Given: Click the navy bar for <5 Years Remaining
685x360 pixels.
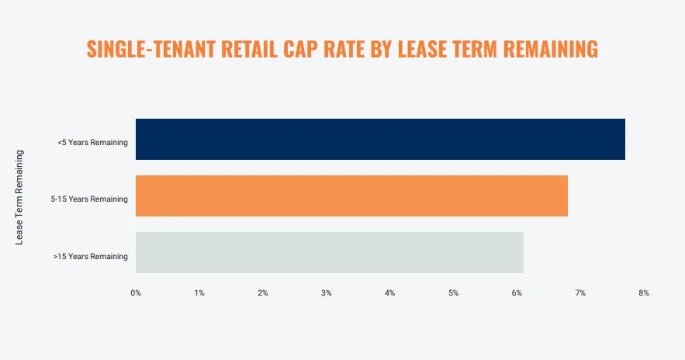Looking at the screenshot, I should pos(380,140).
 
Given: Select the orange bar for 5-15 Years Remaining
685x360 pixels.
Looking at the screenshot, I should pos(351,196).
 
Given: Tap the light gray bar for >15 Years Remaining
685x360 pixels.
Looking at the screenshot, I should pos(330,253).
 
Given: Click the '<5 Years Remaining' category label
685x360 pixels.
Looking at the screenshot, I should pos(92,143).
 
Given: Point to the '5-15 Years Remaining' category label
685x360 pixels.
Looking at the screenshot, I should pos(89,199).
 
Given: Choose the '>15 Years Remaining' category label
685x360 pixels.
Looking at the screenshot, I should pos(90,256).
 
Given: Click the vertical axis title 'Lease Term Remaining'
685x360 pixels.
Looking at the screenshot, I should pos(20,198).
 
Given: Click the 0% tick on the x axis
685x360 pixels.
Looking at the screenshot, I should pos(136,293).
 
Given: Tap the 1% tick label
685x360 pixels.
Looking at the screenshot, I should pos(199,293).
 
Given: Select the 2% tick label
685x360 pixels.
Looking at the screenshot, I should pos(263,293).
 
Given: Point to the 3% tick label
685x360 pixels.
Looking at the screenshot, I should pos(327,293).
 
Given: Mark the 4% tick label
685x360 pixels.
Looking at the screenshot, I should pos(390,293).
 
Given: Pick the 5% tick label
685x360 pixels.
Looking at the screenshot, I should pos(454,293).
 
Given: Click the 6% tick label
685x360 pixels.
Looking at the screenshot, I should pos(517,293).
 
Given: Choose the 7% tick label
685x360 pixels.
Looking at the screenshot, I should pos(580,293).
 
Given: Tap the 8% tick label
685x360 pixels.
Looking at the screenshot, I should pos(644,293).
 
